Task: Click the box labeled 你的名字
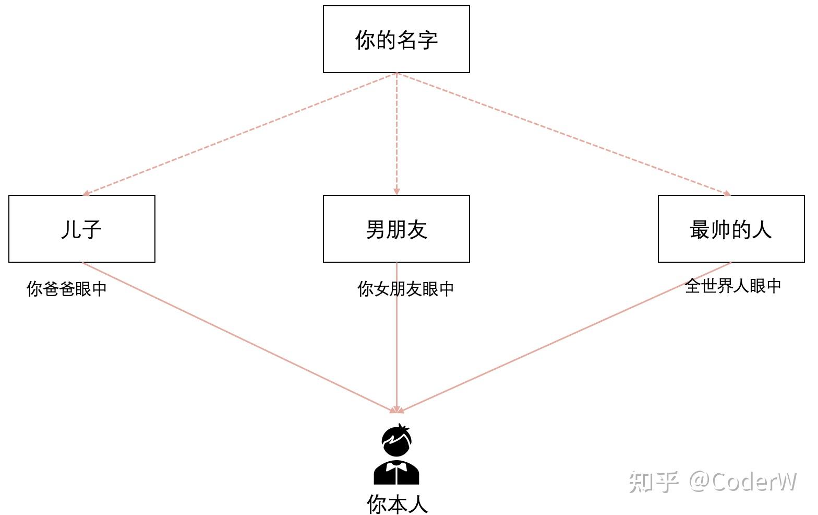(x=396, y=39)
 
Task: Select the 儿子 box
(x=81, y=229)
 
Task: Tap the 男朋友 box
(x=396, y=229)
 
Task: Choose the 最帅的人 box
(x=731, y=229)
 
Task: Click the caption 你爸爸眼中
(x=66, y=289)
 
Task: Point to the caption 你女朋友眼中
(x=405, y=289)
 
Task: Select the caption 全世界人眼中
(x=733, y=286)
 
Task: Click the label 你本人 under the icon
(x=397, y=504)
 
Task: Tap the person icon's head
(x=396, y=441)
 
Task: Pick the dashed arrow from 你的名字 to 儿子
(x=240, y=134)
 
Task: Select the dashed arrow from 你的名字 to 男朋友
(x=396, y=134)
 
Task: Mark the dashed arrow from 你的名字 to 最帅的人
(x=563, y=134)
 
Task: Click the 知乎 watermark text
(x=653, y=482)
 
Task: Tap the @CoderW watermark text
(x=743, y=482)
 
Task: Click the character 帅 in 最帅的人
(x=720, y=229)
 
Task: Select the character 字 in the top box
(x=427, y=40)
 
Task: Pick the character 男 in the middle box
(x=376, y=229)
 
